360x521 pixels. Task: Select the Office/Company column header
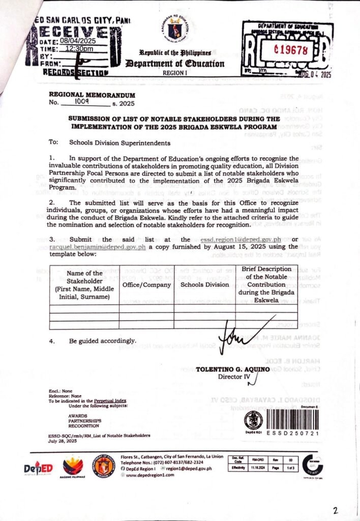point(146,284)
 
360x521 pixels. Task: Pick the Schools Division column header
point(204,284)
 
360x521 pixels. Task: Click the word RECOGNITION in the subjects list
point(84,425)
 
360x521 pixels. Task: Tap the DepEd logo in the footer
point(38,467)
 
